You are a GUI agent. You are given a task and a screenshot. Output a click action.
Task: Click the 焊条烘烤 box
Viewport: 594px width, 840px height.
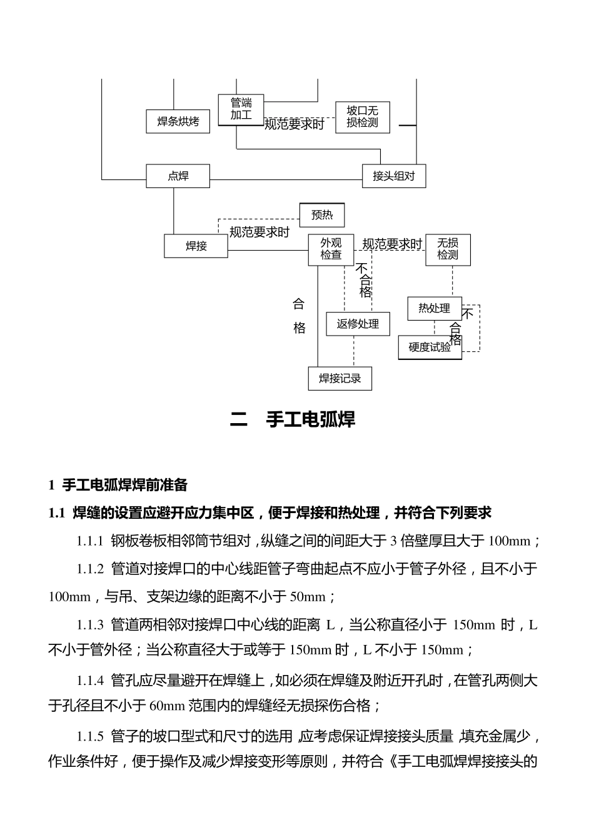tap(178, 121)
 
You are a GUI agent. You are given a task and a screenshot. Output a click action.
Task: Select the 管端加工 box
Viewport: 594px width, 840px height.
tap(241, 109)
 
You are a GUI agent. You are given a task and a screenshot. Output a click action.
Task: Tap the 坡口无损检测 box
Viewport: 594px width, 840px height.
tap(363, 117)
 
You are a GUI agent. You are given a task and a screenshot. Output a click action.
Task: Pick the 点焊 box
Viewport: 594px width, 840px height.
tap(178, 176)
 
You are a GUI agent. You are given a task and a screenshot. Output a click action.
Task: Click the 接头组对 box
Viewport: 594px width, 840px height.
tap(394, 176)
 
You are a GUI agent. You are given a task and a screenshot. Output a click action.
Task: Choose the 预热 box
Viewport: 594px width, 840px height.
tap(322, 216)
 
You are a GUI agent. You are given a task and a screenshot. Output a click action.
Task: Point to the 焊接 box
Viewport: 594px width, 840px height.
tap(196, 246)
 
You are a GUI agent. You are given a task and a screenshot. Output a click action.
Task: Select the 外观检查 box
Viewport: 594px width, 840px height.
tap(331, 249)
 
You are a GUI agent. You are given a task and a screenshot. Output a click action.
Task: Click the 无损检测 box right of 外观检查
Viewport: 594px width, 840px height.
tap(448, 249)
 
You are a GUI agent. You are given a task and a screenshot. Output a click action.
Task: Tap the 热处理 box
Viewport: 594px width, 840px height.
tap(434, 309)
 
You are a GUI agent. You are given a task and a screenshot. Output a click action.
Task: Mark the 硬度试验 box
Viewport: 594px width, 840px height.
tap(430, 347)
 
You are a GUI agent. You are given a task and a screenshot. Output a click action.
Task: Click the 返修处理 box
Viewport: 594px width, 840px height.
tap(358, 324)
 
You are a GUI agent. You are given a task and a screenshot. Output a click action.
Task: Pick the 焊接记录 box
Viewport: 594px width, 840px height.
tap(340, 379)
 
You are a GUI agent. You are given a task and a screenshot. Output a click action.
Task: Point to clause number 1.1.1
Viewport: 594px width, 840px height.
tap(89, 541)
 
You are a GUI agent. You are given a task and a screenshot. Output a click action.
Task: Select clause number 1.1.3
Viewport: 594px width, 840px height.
tap(89, 624)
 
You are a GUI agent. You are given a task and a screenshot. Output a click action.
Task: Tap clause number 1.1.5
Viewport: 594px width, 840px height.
tap(89, 736)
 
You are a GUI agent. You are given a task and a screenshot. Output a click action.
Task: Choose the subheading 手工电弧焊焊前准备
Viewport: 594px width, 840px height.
tap(125, 484)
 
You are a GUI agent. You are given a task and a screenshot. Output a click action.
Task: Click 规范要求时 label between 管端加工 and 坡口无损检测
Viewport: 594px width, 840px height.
tap(294, 124)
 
